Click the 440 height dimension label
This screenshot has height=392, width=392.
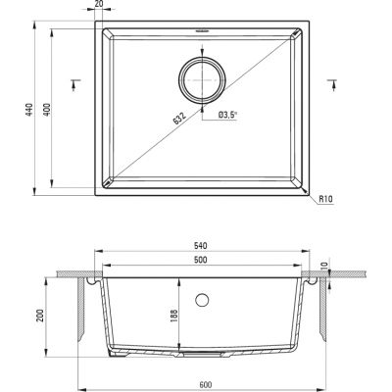(x=29, y=110)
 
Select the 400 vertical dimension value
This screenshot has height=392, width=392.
(x=47, y=110)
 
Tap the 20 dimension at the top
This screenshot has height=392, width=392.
(x=98, y=3)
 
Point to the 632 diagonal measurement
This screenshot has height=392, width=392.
(x=179, y=119)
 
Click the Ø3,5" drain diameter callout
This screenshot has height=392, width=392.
(x=228, y=115)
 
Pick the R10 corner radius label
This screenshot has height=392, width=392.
(x=325, y=199)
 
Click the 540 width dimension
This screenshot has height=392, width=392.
(x=201, y=246)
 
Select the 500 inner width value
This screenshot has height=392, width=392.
(x=201, y=260)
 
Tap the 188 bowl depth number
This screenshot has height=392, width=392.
(x=173, y=316)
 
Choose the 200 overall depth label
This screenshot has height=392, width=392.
(x=40, y=316)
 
